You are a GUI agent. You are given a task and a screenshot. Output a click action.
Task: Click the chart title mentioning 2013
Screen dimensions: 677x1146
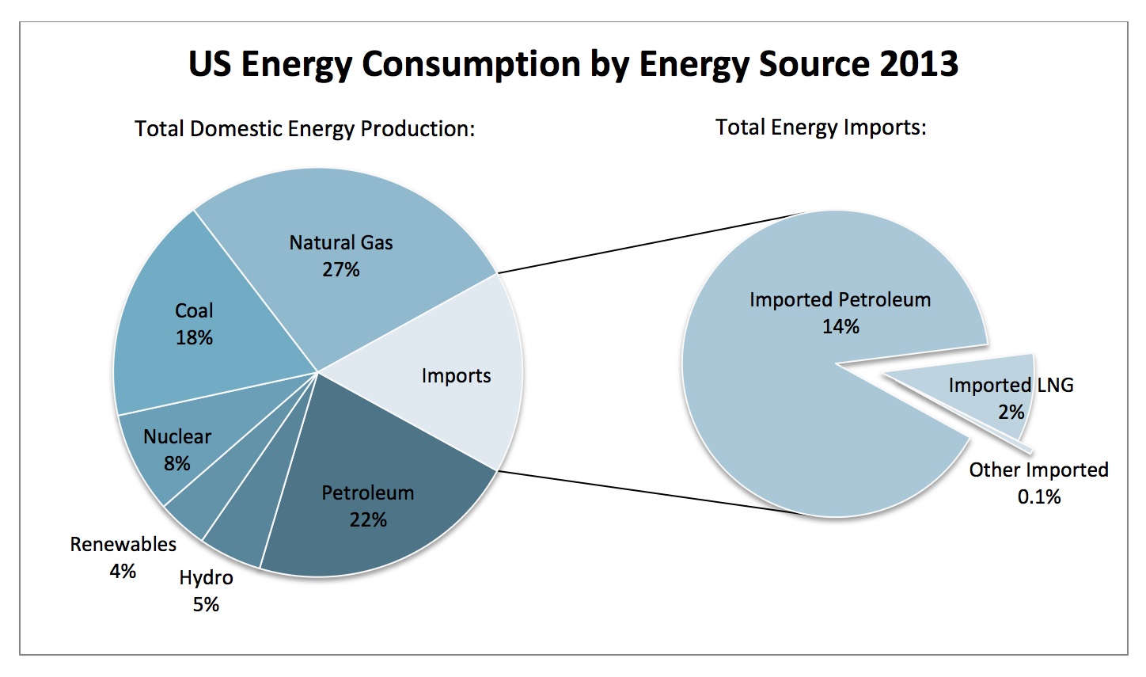tap(573, 64)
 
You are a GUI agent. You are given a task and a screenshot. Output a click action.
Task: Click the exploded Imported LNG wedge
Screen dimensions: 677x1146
tap(989, 396)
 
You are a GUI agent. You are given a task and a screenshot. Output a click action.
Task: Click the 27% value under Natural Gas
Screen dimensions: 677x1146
tap(341, 270)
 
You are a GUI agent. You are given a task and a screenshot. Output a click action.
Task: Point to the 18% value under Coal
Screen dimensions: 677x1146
tap(194, 338)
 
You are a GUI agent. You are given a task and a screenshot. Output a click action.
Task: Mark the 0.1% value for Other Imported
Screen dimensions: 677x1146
tap(1038, 497)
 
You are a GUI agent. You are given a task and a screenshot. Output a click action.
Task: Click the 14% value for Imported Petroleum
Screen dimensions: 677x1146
tap(841, 326)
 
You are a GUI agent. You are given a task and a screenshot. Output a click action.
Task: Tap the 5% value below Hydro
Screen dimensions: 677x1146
tap(206, 605)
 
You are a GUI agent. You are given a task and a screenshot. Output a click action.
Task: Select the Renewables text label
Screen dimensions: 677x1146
tap(123, 545)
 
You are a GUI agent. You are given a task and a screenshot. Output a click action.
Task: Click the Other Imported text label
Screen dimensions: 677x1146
tap(1038, 470)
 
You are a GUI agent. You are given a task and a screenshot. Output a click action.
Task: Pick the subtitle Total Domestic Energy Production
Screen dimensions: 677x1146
tap(305, 128)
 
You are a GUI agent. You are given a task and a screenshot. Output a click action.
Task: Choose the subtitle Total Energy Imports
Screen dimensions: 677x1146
tap(821, 127)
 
